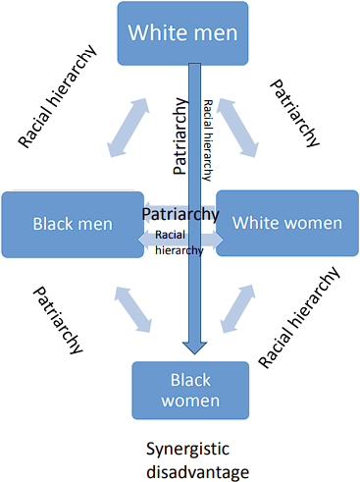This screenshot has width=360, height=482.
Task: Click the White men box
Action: (182, 33)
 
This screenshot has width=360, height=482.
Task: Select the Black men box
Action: (73, 225)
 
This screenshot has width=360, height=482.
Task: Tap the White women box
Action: (287, 223)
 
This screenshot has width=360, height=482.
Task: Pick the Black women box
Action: (190, 391)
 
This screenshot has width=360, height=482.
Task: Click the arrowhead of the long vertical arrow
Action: (194, 348)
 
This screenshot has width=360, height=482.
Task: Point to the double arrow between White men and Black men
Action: (129, 128)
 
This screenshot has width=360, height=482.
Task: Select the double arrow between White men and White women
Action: (237, 128)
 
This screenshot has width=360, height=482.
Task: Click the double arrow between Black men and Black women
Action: (133, 310)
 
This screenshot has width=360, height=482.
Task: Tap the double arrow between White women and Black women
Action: (237, 309)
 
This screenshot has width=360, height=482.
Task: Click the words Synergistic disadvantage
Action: (197, 460)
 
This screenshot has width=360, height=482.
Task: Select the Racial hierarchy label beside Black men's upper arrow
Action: (58, 96)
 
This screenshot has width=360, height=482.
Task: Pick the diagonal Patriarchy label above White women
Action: (294, 113)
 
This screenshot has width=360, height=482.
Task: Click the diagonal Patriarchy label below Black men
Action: (58, 320)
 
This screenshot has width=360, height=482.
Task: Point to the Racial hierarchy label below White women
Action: (299, 317)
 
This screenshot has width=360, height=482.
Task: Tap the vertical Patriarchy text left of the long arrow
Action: (180, 135)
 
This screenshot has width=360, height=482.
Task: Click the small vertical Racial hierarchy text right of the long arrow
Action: (208, 140)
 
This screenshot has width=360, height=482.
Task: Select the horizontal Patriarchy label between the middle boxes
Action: (180, 214)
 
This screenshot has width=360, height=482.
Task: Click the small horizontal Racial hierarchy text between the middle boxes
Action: (180, 242)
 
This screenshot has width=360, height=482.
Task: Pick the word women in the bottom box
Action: (190, 401)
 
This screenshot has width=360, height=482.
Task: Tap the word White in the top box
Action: (151, 32)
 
